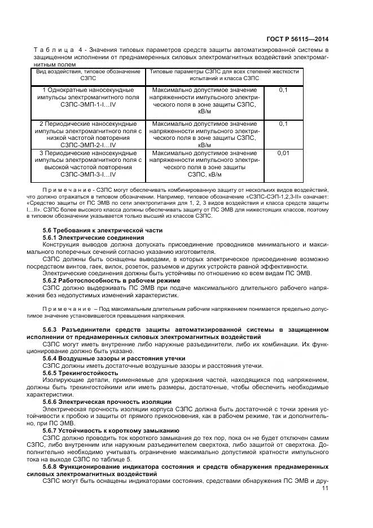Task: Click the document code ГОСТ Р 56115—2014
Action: [x=299, y=39]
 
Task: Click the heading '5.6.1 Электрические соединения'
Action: [x=93, y=238]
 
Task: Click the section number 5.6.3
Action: [x=52, y=329]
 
